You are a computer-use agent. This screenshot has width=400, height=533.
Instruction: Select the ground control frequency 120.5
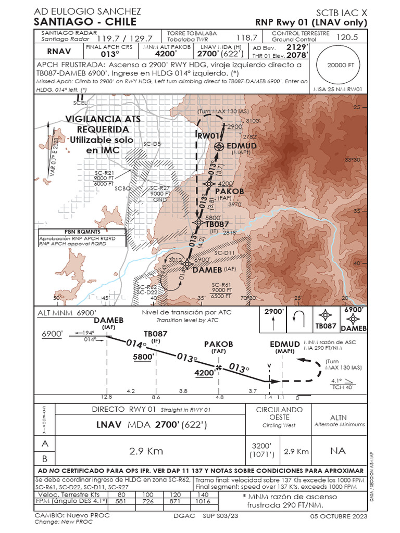[x=347, y=37]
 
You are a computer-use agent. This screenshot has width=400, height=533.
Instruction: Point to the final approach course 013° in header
[x=110, y=54]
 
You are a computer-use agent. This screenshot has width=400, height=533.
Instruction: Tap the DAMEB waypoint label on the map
[x=207, y=270]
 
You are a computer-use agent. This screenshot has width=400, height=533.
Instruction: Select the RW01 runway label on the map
[x=207, y=135]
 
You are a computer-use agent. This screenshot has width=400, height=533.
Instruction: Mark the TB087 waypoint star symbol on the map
[x=198, y=222]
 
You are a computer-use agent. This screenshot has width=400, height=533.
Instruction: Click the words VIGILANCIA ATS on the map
[x=103, y=119]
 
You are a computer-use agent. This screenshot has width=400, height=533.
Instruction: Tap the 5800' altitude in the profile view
[x=143, y=357]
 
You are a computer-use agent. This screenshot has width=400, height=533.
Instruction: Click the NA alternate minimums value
[x=337, y=450]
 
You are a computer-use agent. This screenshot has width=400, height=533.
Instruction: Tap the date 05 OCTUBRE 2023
[x=339, y=516]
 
